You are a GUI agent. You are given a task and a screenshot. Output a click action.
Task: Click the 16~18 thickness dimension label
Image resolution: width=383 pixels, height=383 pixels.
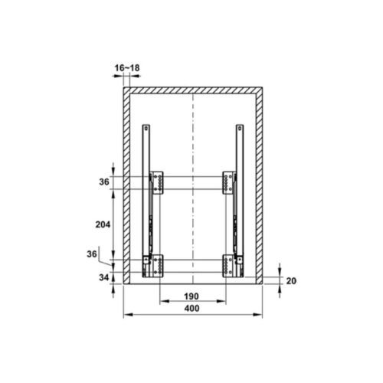click(x=128, y=68)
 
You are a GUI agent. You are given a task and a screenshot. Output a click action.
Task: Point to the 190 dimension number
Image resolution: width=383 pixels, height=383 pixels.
click(x=191, y=296)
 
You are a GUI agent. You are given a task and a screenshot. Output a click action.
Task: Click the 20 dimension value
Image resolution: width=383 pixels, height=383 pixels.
click(x=291, y=280)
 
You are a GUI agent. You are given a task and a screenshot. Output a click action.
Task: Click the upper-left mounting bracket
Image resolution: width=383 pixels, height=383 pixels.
click(x=158, y=182)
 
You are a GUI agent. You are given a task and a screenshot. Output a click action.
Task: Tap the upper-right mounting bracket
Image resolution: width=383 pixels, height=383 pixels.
click(x=228, y=182)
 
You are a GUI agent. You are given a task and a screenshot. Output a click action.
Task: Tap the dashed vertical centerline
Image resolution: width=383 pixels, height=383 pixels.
click(x=194, y=138)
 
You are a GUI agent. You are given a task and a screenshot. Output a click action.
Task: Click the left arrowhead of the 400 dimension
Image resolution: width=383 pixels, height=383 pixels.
click(x=126, y=314)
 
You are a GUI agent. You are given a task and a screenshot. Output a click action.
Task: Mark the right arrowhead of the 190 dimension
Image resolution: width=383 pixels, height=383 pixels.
click(x=225, y=302)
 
